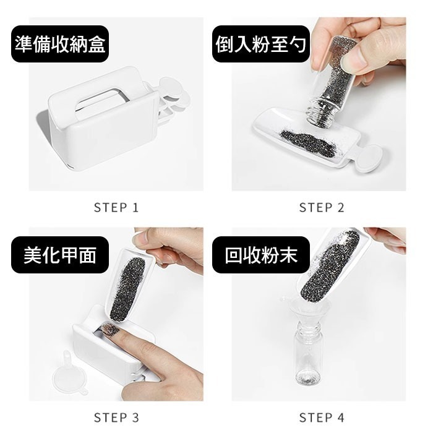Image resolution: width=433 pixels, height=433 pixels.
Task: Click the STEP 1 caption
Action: tap(116, 208)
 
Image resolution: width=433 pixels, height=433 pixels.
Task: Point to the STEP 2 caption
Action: tap(321, 208)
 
